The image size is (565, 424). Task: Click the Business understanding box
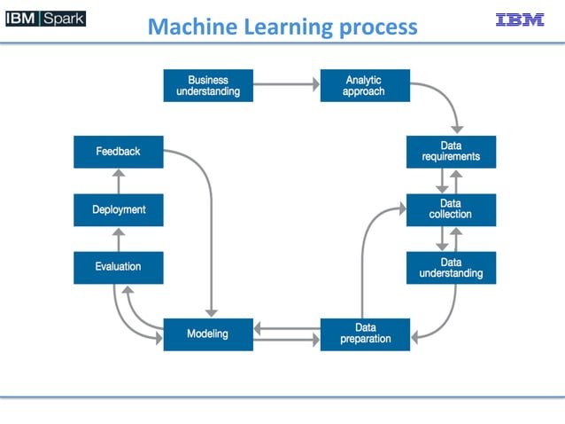pyautogui.click(x=208, y=85)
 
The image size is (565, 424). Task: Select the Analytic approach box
pyautogui.click(x=364, y=85)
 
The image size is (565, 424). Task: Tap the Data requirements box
pyautogui.click(x=451, y=152)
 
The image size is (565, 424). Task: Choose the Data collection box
pyautogui.click(x=451, y=209)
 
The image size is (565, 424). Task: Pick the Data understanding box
pyautogui.click(x=451, y=268)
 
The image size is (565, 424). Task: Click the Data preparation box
pyautogui.click(x=365, y=334)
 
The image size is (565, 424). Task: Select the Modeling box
pyautogui.click(x=208, y=334)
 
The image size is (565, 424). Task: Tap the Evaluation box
pyautogui.click(x=118, y=267)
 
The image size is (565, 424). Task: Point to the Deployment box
pyautogui.click(x=118, y=209)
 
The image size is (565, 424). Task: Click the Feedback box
pyautogui.click(x=118, y=152)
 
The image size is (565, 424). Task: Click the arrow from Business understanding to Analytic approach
pyautogui.click(x=286, y=85)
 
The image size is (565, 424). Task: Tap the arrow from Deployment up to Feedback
pyautogui.click(x=119, y=181)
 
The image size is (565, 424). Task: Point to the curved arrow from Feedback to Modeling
pyautogui.click(x=210, y=231)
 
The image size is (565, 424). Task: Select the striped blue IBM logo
pyautogui.click(x=521, y=20)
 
